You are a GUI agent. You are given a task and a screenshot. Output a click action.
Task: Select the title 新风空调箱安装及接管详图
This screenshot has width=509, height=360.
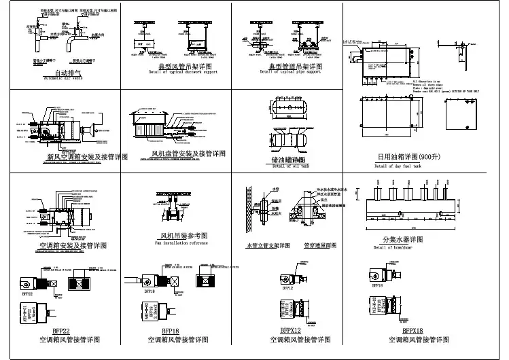(83, 156)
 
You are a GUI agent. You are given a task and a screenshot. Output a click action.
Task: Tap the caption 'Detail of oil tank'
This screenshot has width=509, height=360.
(290, 166)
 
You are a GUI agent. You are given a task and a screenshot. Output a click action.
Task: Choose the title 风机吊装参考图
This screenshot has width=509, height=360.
(179, 236)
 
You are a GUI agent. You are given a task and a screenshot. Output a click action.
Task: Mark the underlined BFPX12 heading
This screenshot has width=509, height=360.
(290, 331)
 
